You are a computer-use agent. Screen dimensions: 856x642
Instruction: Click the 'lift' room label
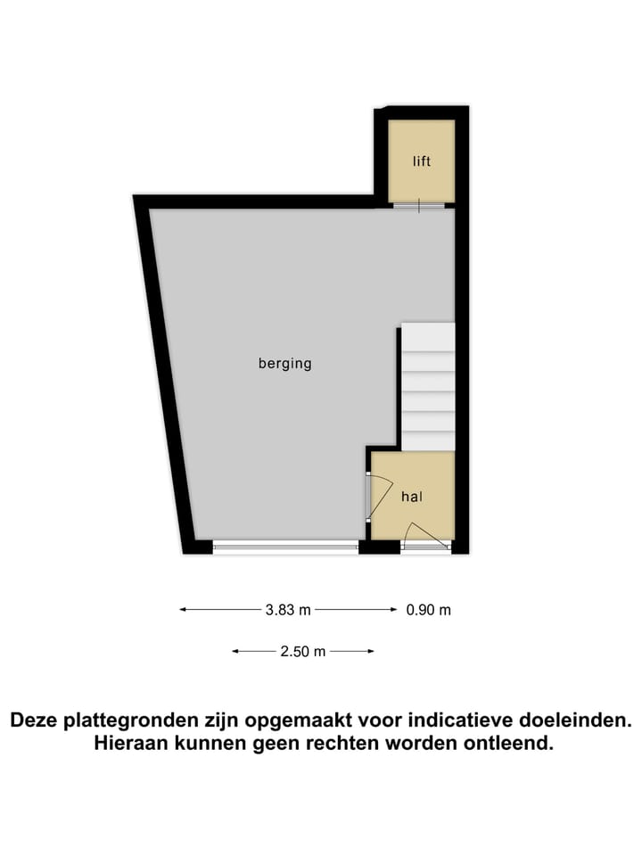coord(422,161)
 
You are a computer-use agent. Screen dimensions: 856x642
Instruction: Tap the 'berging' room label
coord(285,364)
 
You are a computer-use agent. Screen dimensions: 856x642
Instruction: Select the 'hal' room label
coord(411,497)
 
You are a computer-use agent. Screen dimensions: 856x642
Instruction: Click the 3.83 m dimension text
coord(288,610)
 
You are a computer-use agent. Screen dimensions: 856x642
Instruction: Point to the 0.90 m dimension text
coord(429,610)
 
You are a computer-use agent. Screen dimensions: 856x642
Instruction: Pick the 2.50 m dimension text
coord(302,652)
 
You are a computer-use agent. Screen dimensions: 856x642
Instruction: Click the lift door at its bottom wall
coord(419,206)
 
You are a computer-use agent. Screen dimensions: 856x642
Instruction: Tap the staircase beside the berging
coord(427,388)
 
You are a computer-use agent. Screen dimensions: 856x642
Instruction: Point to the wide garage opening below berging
coord(285,546)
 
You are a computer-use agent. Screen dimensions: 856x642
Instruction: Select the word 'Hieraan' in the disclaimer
coord(130,744)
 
